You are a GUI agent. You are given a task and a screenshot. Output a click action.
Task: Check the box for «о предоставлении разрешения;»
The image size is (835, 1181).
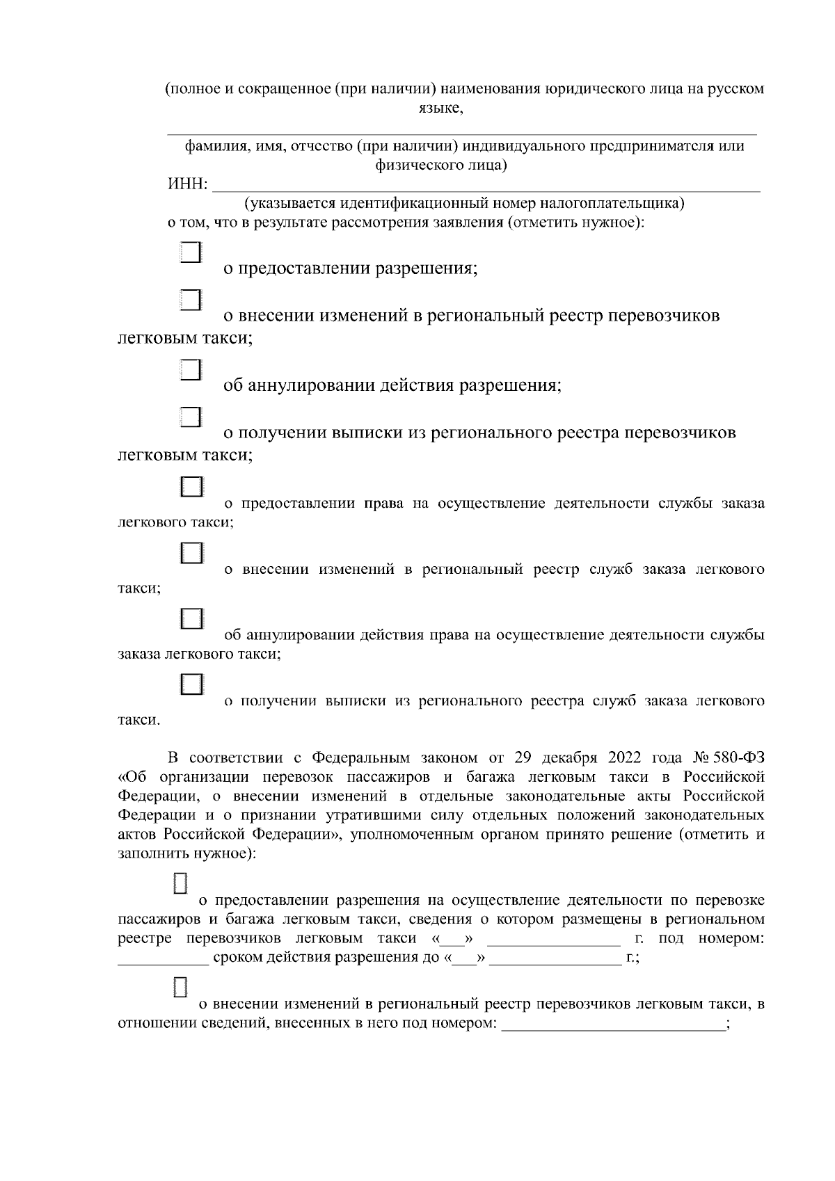coord(191,252)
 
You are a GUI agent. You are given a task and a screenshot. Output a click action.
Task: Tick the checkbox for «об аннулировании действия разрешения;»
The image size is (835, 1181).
coord(191,369)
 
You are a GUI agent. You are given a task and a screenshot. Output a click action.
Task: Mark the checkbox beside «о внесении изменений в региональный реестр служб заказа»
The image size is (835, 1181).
coord(191,553)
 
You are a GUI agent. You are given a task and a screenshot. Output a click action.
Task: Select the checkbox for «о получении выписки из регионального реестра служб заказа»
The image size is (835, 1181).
coord(191,684)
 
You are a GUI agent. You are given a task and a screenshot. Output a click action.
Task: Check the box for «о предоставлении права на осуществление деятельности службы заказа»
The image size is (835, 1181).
coord(191,486)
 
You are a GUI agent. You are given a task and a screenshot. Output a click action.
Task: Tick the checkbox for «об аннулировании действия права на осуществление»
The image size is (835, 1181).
coord(191,618)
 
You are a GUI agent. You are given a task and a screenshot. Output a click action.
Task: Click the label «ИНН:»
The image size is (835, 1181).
coord(187,184)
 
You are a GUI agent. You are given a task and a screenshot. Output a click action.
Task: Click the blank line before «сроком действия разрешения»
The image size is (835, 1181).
coord(163,958)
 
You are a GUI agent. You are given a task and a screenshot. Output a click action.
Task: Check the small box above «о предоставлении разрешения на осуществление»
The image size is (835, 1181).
coord(180,883)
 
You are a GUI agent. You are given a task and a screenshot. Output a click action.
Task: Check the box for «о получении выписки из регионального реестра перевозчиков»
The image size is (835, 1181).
coord(191,417)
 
